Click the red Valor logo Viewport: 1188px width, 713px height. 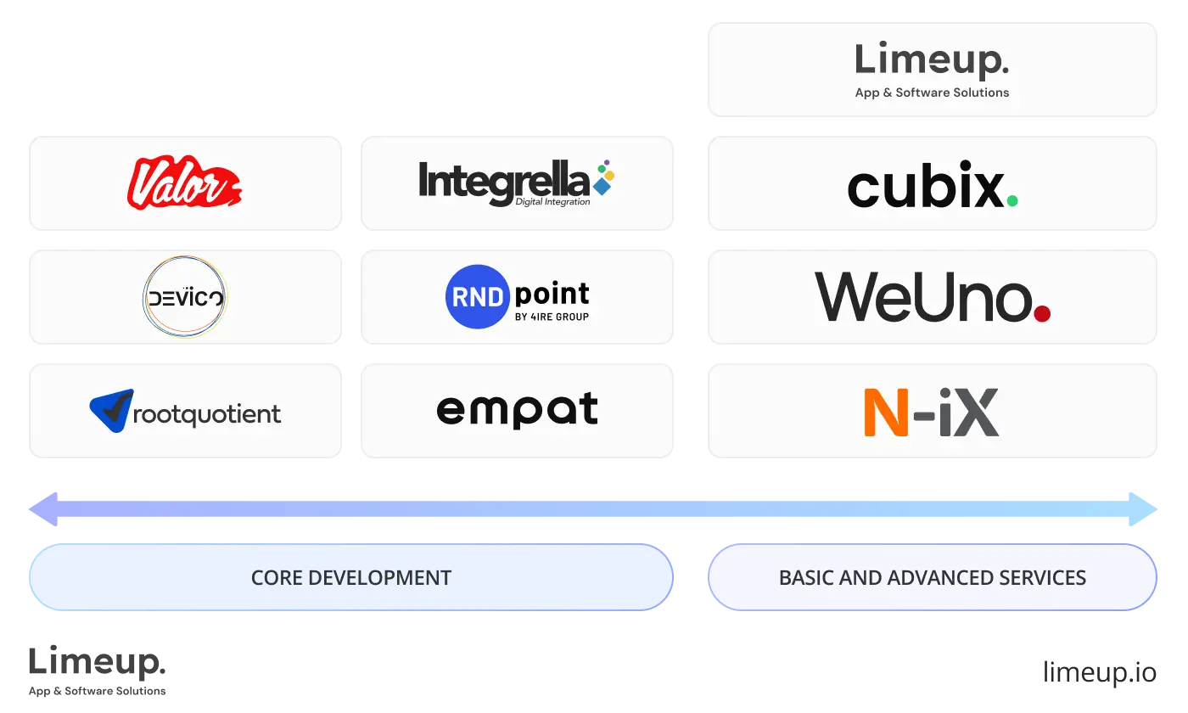[184, 183]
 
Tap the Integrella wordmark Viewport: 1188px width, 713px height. [503, 180]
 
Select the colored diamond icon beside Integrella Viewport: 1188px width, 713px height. [604, 177]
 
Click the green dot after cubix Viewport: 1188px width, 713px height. [1011, 201]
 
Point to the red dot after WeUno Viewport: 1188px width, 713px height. [1042, 313]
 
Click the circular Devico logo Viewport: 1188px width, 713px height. [184, 298]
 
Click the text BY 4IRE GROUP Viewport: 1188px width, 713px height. [552, 317]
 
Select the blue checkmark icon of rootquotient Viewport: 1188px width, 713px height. [112, 410]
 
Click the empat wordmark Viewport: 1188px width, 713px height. [517, 410]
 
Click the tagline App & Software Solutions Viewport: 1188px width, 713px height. [932, 93]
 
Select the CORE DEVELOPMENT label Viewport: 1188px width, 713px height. [350, 578]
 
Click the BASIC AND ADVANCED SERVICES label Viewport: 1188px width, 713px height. [932, 578]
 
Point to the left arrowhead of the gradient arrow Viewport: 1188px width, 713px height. [42, 509]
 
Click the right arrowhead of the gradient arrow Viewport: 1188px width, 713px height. [1146, 509]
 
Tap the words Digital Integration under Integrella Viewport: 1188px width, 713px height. [552, 202]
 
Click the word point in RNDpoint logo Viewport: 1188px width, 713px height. [552, 294]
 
